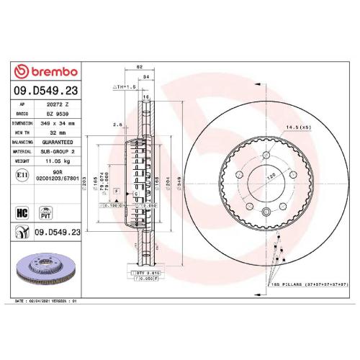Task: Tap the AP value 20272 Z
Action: (x=56, y=104)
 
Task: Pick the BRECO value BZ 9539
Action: (x=56, y=114)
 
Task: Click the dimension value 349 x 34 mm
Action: (x=56, y=123)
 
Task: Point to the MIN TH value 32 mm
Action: (x=56, y=132)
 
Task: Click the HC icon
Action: (x=22, y=212)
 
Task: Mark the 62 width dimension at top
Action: (x=138, y=67)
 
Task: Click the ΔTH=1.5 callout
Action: (x=125, y=86)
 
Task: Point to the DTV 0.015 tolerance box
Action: (x=145, y=274)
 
